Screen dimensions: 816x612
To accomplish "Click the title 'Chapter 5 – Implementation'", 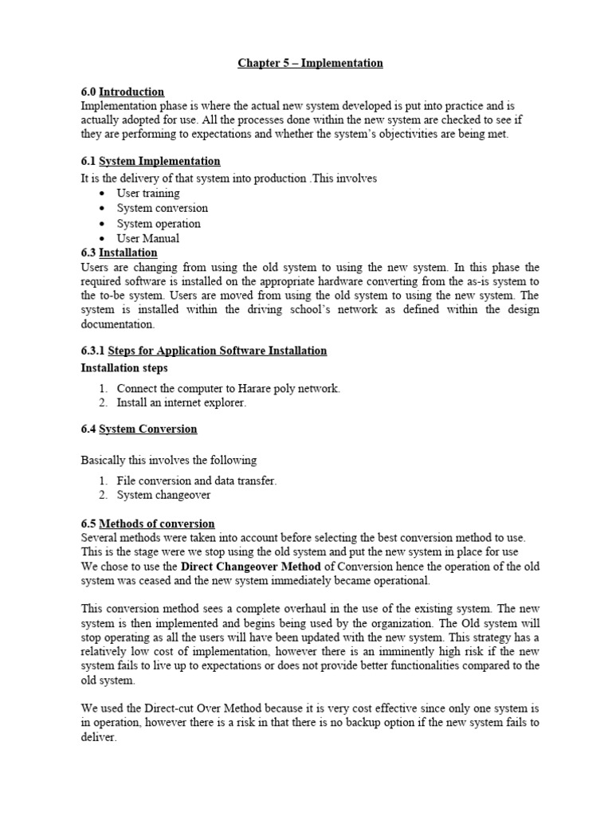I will pos(310,63).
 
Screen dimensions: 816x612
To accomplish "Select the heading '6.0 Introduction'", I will pos(123,92).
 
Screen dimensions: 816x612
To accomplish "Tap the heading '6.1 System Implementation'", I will pos(151,161).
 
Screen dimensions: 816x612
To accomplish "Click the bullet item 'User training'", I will pos(147,193).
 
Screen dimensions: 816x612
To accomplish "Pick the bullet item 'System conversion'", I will pos(162,208).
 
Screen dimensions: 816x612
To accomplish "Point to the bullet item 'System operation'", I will pos(159,223).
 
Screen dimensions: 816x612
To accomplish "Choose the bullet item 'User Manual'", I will pos(147,238).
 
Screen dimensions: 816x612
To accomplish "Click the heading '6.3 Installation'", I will pos(120,253).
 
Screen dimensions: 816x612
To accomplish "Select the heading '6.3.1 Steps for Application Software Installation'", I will pos(204,351).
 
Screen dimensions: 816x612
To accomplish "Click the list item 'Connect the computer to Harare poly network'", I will pos(228,388).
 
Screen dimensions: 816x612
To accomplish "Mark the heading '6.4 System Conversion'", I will pos(139,429).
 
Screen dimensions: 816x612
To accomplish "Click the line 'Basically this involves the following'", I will pos(169,460).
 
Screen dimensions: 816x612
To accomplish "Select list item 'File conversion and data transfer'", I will pos(196,481).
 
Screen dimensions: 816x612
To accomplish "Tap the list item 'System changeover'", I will pos(163,495).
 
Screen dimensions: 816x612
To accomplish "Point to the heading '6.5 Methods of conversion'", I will pos(147,524).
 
